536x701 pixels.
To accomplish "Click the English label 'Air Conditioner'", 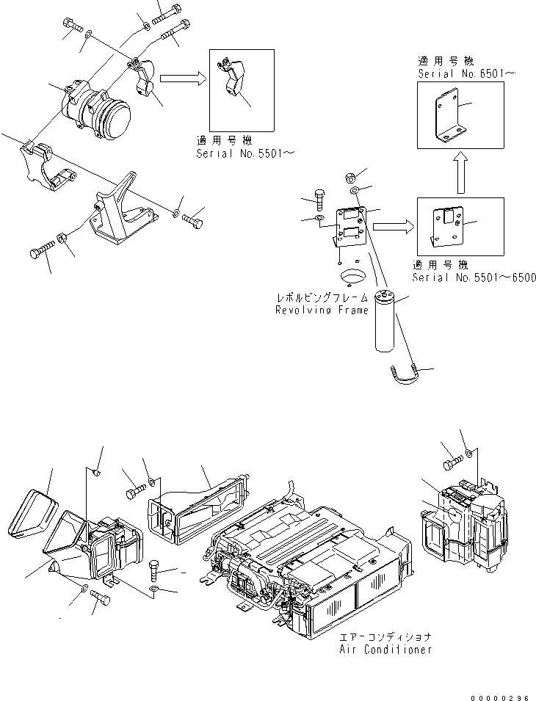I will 385,650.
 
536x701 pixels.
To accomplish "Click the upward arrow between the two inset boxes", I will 460,173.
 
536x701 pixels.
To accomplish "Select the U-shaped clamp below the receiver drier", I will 403,373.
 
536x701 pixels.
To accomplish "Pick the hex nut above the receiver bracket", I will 351,177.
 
